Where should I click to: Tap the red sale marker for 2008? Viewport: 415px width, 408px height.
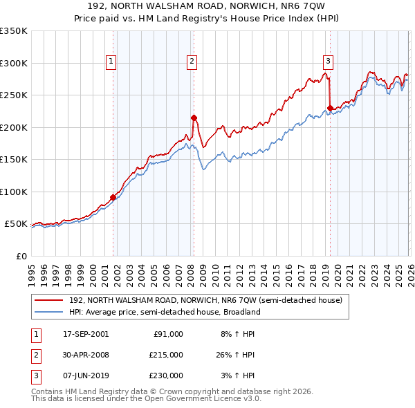point(194,118)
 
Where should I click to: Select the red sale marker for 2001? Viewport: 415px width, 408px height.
point(113,197)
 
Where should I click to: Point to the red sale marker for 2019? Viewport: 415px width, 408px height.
point(330,107)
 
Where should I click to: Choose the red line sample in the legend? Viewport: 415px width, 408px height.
point(48,301)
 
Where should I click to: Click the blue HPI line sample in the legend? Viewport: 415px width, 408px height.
point(48,312)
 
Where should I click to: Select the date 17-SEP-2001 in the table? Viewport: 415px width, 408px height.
point(85,334)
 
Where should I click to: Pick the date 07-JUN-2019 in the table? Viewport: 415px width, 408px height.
point(85,375)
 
